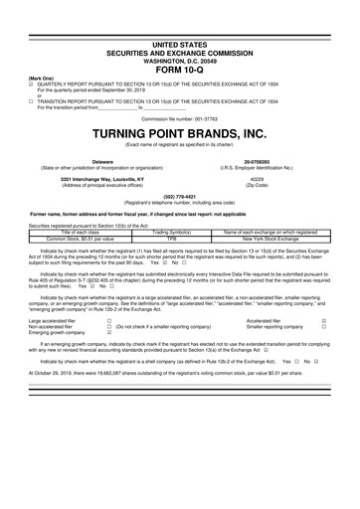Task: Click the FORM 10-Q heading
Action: pyautogui.click(x=180, y=41)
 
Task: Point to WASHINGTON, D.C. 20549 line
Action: pyautogui.click(x=180, y=33)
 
